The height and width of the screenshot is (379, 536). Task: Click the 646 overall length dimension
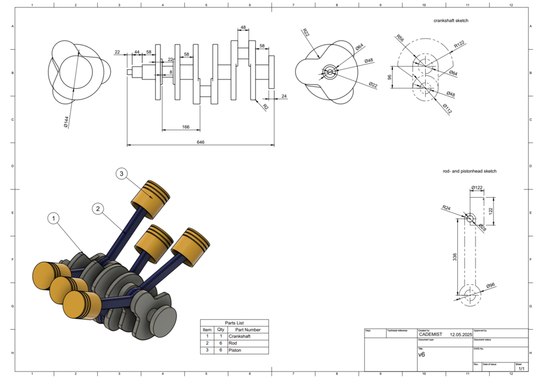pos(201,142)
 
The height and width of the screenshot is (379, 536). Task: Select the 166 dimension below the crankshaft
pos(185,127)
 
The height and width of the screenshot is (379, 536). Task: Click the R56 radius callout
pos(400,39)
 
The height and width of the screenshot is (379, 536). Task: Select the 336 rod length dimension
pos(455,258)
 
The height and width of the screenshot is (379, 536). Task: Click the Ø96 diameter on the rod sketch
pos(490,286)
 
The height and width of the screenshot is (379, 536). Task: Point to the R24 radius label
pos(446,208)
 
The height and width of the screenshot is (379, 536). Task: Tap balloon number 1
pos(54,219)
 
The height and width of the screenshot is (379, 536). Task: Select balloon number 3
pos(121,174)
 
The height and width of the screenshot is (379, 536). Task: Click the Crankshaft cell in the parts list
pos(240,336)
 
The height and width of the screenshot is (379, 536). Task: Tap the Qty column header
pos(220,330)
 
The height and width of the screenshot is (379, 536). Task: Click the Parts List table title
pos(234,323)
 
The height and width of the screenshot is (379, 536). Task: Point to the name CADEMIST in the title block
pos(430,334)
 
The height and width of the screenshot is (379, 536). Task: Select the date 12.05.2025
pos(460,334)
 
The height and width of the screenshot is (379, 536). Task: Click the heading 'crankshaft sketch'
pos(451,21)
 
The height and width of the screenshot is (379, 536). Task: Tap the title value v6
pos(422,355)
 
